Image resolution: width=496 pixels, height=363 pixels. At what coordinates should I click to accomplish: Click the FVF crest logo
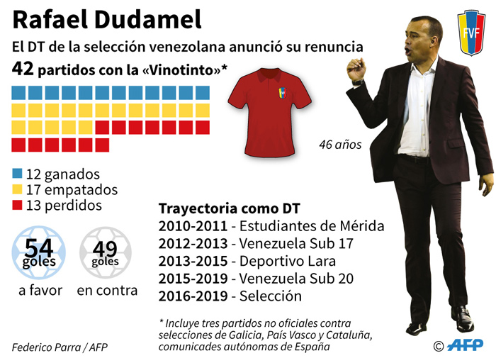click(470, 33)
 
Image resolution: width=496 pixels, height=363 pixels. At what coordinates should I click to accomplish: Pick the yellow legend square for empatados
click(17, 190)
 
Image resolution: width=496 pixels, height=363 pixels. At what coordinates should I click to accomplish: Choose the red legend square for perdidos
click(17, 206)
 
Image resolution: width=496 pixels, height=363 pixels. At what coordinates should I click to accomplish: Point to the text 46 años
click(340, 145)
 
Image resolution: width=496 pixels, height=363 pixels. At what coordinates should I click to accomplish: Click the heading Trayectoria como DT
click(229, 209)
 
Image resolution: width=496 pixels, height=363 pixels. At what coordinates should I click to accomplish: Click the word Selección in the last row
click(271, 296)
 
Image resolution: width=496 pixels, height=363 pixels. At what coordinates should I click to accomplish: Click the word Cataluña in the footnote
click(349, 335)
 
